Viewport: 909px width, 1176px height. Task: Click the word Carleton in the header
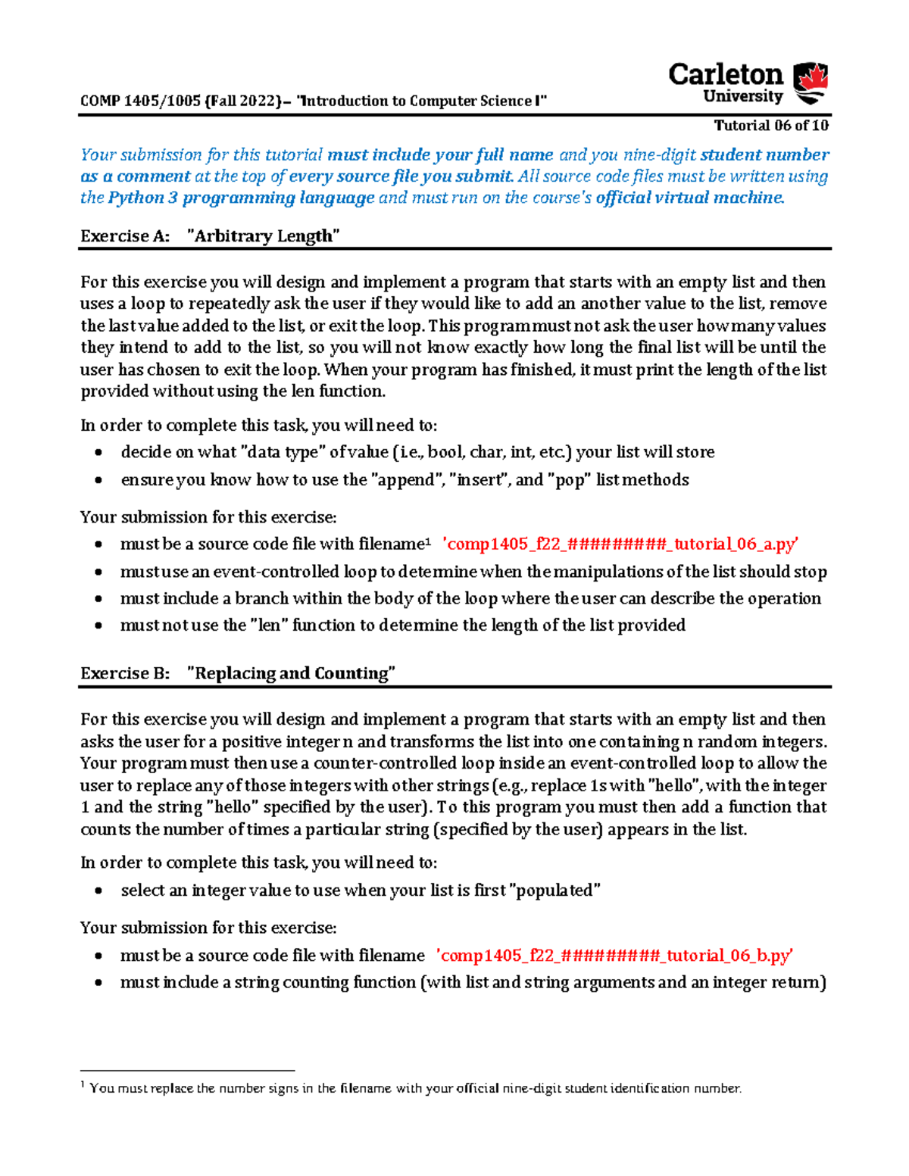pyautogui.click(x=725, y=75)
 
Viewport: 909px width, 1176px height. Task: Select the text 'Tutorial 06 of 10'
pyautogui.click(x=771, y=126)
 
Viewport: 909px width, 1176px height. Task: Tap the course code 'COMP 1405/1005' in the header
pyautogui.click(x=140, y=101)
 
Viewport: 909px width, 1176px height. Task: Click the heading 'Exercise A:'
pyautogui.click(x=125, y=236)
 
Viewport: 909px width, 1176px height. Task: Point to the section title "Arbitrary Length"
pyautogui.click(x=263, y=236)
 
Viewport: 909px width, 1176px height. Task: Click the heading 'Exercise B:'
pyautogui.click(x=125, y=673)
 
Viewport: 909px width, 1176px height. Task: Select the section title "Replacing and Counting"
pyautogui.click(x=291, y=673)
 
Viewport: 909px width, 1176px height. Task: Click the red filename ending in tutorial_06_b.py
pyautogui.click(x=615, y=956)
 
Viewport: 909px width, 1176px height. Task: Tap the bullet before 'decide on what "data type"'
pyautogui.click(x=98, y=453)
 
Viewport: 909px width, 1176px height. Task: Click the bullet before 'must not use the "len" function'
pyautogui.click(x=98, y=626)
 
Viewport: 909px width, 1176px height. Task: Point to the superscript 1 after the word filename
pyautogui.click(x=428, y=541)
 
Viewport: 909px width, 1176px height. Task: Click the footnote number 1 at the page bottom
pyautogui.click(x=83, y=1085)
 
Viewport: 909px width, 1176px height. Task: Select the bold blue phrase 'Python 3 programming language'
pyautogui.click(x=242, y=198)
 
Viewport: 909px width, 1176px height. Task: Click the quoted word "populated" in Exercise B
pyautogui.click(x=558, y=891)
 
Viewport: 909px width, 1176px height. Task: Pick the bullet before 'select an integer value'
pyautogui.click(x=98, y=891)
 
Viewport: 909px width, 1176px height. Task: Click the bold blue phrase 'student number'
pyautogui.click(x=764, y=155)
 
